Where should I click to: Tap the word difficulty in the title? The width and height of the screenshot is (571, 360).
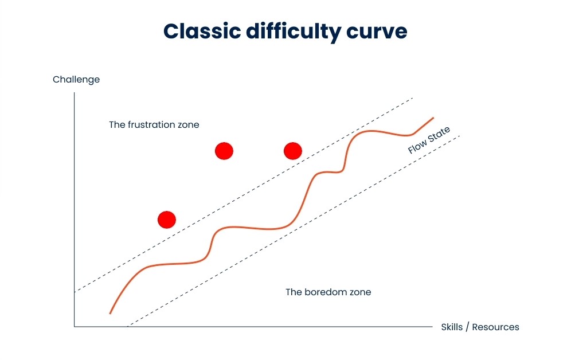tap(294, 33)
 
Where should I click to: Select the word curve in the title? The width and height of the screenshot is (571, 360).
tap(377, 33)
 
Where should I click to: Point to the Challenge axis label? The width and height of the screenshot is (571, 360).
tap(76, 80)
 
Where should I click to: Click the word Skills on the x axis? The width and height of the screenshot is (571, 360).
tap(452, 327)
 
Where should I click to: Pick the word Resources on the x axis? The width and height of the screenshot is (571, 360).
tap(496, 327)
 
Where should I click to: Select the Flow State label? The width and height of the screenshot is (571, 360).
tap(429, 140)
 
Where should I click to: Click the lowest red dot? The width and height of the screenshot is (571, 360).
tap(167, 220)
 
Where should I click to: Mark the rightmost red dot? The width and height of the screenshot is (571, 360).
tap(293, 151)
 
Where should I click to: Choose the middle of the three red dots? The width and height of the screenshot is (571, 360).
tap(224, 151)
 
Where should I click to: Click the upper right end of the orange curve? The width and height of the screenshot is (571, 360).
tap(433, 118)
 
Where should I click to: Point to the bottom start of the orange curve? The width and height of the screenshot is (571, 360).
tap(110, 313)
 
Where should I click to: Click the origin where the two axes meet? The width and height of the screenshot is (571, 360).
tap(75, 327)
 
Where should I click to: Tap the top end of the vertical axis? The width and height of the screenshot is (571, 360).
tap(75, 93)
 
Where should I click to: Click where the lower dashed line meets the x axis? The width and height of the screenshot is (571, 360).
tap(127, 327)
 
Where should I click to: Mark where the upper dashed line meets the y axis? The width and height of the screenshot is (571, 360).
tap(75, 292)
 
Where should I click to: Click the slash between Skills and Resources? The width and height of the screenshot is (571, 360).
tap(468, 327)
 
